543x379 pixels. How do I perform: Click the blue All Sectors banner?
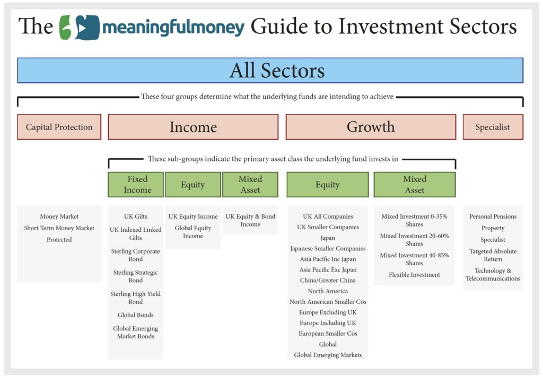(x=270, y=70)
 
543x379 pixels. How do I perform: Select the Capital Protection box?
(x=59, y=127)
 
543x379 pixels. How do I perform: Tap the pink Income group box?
(x=193, y=127)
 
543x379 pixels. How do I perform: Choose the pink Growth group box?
(x=371, y=127)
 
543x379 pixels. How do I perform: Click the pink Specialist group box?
(x=493, y=127)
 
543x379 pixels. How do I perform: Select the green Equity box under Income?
(x=193, y=185)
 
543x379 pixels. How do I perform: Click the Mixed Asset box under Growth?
(x=415, y=185)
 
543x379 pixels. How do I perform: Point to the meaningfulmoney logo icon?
(x=80, y=28)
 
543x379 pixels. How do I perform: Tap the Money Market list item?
(x=59, y=216)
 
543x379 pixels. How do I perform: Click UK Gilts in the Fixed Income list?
(x=136, y=216)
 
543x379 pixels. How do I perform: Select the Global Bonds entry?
(x=136, y=315)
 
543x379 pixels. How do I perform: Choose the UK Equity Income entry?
(x=193, y=216)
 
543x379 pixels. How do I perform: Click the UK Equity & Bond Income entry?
(x=250, y=220)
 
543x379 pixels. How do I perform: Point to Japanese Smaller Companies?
(x=328, y=248)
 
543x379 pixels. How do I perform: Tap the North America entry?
(x=328, y=291)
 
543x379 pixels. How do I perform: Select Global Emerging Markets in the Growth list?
(x=328, y=355)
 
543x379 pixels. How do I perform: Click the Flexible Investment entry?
(x=415, y=275)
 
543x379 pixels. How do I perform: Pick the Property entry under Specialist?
(x=493, y=228)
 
